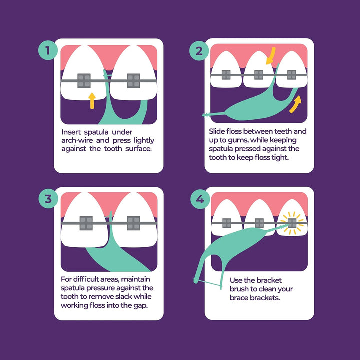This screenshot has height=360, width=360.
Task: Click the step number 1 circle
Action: point(48,50)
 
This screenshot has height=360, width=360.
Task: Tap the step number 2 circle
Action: point(199,50)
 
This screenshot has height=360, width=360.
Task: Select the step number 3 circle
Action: point(48,199)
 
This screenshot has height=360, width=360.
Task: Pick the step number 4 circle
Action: point(200,199)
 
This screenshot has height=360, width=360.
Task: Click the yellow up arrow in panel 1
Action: point(92,101)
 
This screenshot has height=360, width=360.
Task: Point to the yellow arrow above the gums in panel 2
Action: point(271,56)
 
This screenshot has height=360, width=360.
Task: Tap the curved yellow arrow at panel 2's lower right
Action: point(295,104)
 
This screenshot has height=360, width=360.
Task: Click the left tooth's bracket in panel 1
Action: point(84,81)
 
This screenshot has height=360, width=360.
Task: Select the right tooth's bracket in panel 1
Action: point(133,81)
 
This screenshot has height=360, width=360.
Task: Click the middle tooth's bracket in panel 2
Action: point(259,75)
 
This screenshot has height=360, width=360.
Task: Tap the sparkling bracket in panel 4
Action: point(292,223)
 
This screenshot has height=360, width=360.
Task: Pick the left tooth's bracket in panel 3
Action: point(86,223)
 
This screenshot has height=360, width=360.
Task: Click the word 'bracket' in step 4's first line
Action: point(268,280)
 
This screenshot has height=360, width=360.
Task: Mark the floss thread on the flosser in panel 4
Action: point(208,283)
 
